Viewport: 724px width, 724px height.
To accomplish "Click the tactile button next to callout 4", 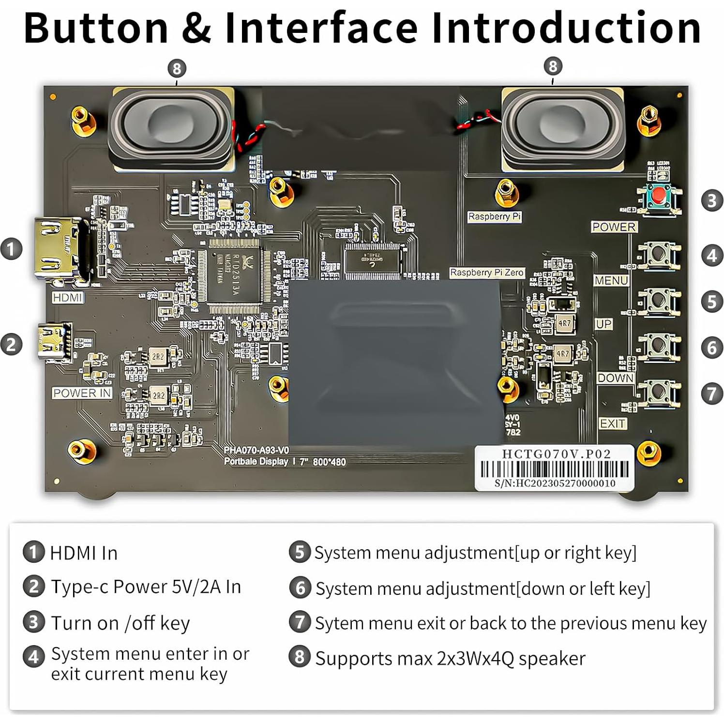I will [x=659, y=255].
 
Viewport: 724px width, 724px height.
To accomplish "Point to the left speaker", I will [x=172, y=128].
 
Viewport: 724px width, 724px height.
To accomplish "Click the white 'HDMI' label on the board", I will [x=67, y=298].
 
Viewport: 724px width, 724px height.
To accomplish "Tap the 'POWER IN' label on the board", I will [x=82, y=393].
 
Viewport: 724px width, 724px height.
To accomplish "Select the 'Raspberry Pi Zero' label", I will [x=487, y=272].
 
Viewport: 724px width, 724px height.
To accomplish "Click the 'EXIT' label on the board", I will [x=613, y=423].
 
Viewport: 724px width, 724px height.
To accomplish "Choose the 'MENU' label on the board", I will [x=611, y=281].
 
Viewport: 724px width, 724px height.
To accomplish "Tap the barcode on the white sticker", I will [x=554, y=469].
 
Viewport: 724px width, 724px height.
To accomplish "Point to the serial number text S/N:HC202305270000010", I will [x=555, y=483].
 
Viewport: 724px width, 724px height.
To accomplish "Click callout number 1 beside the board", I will [x=12, y=249].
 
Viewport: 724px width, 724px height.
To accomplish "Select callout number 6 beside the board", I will [x=711, y=347].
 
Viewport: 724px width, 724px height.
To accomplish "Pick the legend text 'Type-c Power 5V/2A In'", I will [x=146, y=587].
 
